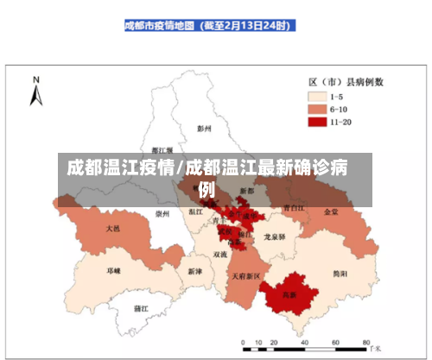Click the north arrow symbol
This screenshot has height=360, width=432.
36,92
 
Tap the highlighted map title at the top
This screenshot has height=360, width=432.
206,27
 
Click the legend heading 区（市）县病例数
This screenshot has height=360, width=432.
346,82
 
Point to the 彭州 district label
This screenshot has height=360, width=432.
204,129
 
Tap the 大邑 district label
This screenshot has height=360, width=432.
113,229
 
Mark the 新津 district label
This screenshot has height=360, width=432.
194,270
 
